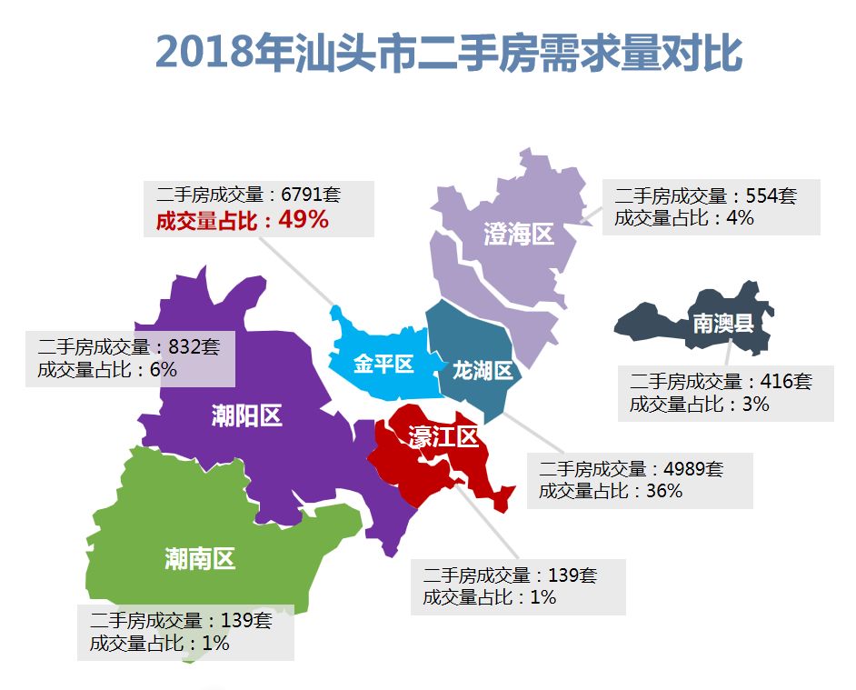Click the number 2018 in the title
(x=203, y=52)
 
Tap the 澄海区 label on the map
(x=518, y=235)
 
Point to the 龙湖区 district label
(x=483, y=370)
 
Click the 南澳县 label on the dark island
(x=723, y=323)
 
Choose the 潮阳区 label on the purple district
(x=246, y=416)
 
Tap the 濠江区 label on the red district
(x=443, y=437)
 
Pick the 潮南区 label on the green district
(x=200, y=558)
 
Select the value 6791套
(x=311, y=195)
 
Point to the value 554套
(x=771, y=195)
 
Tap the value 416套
(x=785, y=382)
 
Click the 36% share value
(x=663, y=491)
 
